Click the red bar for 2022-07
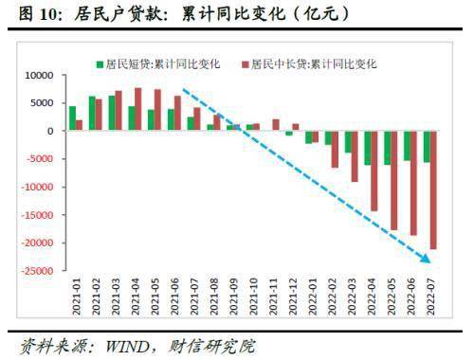point(433,189)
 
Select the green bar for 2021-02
point(92,114)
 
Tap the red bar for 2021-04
point(138,109)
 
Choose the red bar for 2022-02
point(335,150)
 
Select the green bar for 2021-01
point(72,118)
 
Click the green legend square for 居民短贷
point(100,64)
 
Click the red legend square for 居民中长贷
point(245,64)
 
